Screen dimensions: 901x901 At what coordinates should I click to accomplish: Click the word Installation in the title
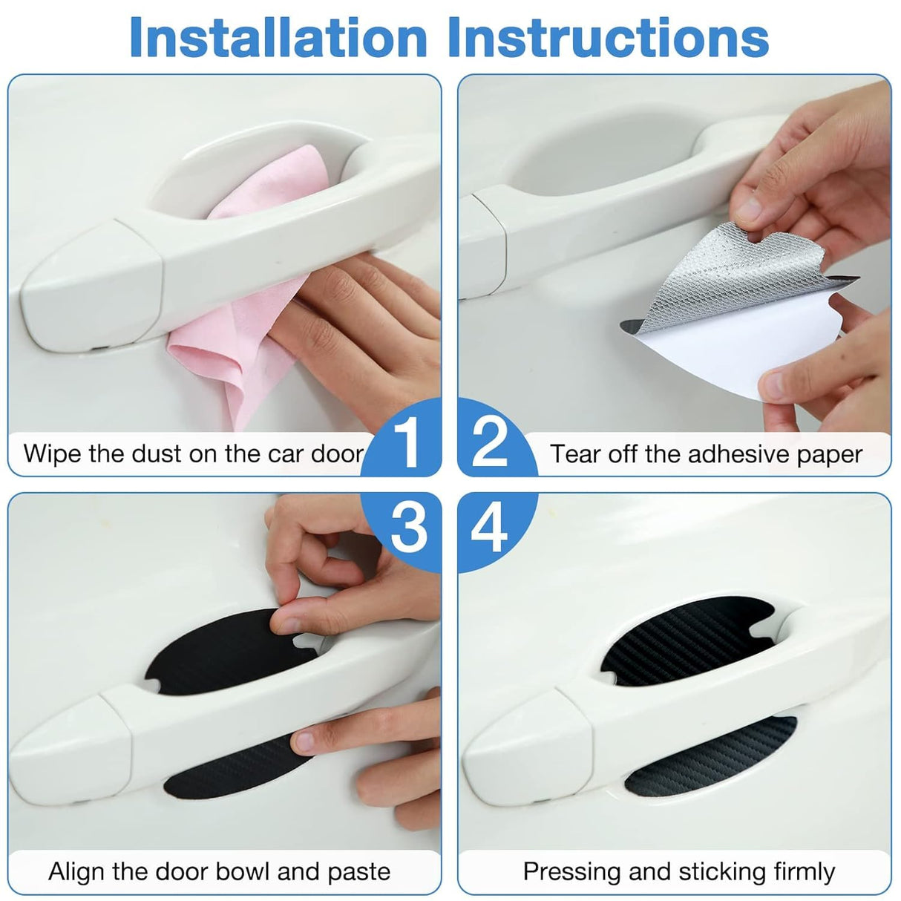tap(278, 37)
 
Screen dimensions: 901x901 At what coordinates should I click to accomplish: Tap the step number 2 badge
tap(491, 444)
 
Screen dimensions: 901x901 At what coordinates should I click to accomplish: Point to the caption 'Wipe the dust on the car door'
tap(193, 453)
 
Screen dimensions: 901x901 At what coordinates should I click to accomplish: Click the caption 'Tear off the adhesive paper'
tap(706, 454)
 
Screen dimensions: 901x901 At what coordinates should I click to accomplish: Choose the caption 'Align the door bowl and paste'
tap(219, 871)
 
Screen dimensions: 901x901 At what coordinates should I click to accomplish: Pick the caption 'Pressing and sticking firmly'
tap(678, 871)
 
